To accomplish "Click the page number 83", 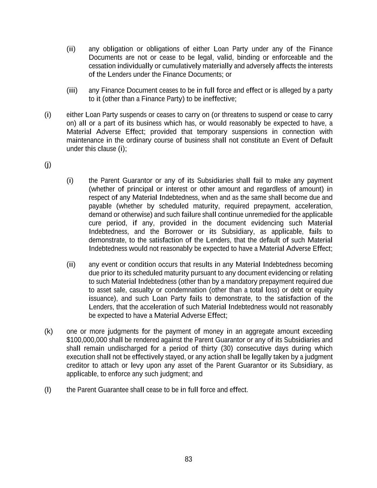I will coord(188,459).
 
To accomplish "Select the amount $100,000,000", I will coord(87,340).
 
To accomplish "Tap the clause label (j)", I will coord(48,164).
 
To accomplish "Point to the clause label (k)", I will coord(48,331).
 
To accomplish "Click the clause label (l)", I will coord(48,389).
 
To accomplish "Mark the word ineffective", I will coord(219,99).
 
